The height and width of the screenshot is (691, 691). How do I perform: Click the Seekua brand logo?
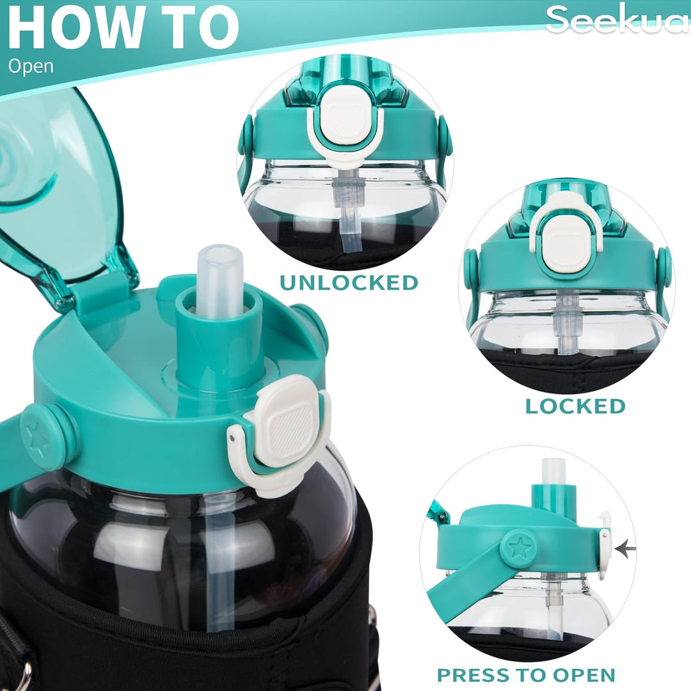pyautogui.click(x=616, y=19)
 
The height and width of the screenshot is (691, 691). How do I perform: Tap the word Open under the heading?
pyautogui.click(x=31, y=66)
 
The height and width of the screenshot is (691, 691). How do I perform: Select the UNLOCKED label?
pyautogui.click(x=349, y=282)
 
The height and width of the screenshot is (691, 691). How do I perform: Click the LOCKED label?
pyautogui.click(x=575, y=406)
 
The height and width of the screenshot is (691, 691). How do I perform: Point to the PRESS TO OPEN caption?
pyautogui.click(x=526, y=674)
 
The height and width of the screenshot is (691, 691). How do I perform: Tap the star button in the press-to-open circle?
pyautogui.click(x=519, y=548)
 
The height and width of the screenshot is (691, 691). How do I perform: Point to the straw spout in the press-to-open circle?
pyautogui.click(x=554, y=480)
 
